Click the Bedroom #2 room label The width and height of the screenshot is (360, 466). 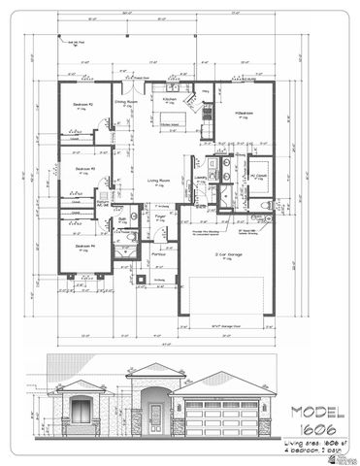pos(82,103)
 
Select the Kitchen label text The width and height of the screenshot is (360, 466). pos(169,99)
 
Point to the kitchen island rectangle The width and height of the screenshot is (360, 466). pos(171,124)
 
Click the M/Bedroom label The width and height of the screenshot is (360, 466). pos(243,114)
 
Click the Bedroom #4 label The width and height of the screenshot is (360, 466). pos(83,246)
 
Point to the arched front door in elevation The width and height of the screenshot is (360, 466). pos(156,417)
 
